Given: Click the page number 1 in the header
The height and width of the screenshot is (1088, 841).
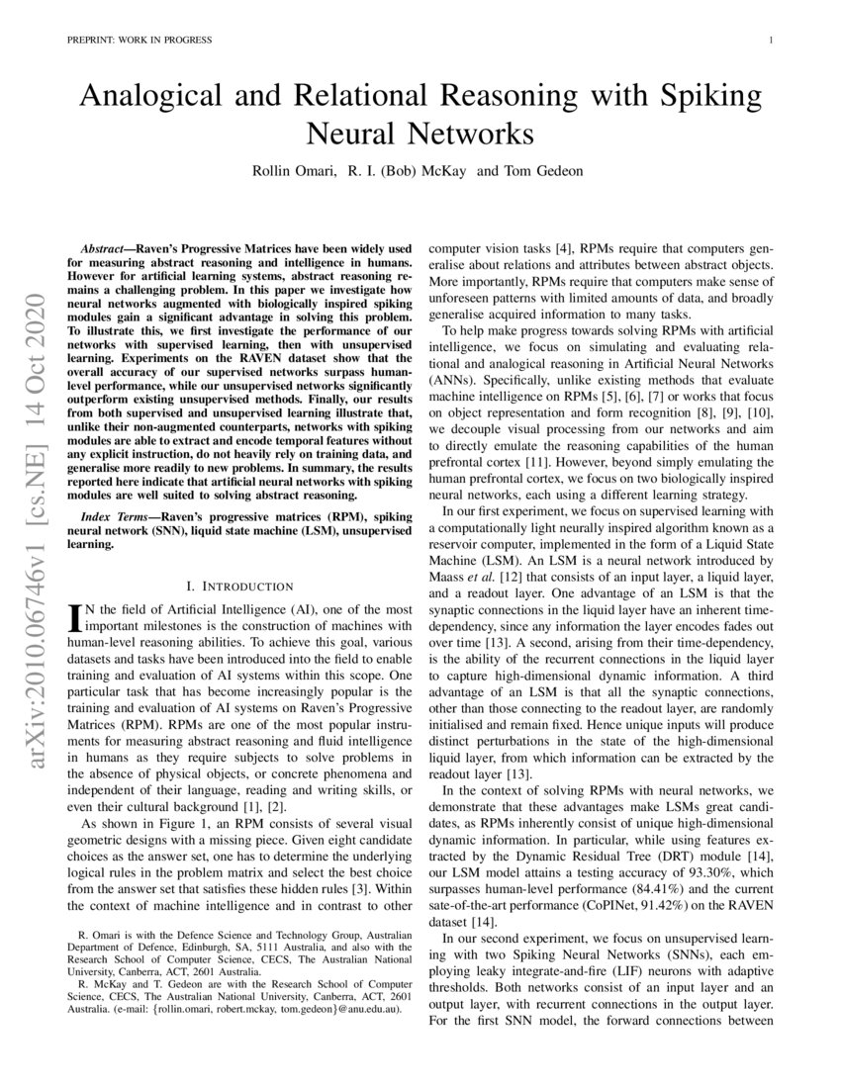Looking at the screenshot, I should [770, 41].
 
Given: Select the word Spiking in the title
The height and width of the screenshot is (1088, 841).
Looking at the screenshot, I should [710, 97].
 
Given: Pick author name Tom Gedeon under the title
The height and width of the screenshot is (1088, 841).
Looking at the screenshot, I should [543, 170].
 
